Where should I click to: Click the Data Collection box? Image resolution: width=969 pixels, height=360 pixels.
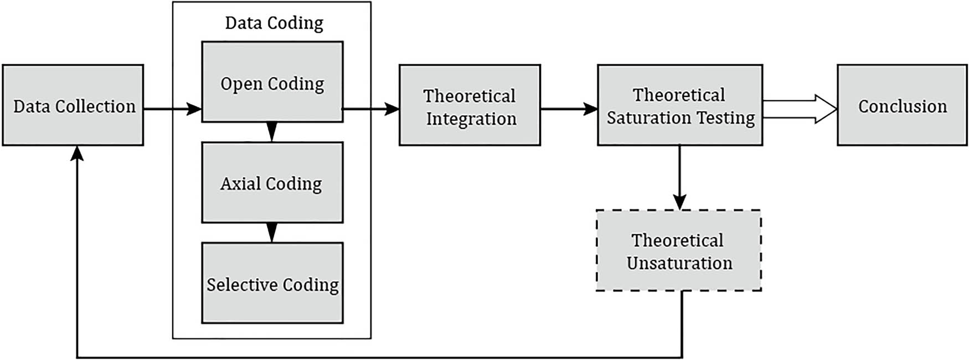73,105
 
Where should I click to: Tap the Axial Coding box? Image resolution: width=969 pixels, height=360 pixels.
272,183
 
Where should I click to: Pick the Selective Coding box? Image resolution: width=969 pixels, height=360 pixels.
272,284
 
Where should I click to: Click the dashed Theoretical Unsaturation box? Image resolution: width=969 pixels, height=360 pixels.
678,250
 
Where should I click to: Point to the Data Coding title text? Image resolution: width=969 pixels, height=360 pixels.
274,23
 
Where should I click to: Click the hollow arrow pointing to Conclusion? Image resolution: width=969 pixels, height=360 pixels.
800,109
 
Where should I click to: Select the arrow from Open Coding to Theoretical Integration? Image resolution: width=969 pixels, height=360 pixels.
371,109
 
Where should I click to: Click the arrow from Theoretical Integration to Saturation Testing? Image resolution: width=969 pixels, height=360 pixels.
569,109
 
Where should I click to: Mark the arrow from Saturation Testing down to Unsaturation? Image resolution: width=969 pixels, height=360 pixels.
680,177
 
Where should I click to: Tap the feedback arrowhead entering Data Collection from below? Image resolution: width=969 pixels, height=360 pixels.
78,153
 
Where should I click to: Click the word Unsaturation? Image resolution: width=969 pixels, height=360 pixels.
679,263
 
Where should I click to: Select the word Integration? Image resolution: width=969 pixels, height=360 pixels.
471,119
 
